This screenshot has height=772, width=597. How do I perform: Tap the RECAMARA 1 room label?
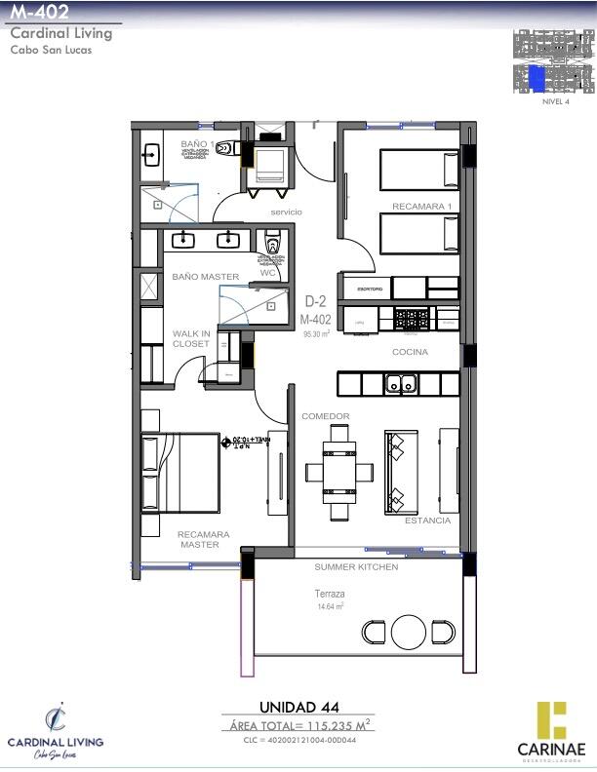tap(421, 207)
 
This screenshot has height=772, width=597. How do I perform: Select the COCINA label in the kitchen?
tap(411, 352)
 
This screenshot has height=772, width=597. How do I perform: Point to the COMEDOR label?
tap(325, 416)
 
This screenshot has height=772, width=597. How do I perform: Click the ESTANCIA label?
tap(427, 521)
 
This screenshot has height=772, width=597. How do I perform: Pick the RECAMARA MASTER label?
tap(204, 539)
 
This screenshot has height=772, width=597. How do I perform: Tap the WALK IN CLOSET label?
tap(191, 338)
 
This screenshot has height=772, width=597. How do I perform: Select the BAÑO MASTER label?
tap(206, 277)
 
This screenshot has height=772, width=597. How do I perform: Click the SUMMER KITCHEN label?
tap(356, 566)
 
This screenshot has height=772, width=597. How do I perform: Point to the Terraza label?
tap(330, 594)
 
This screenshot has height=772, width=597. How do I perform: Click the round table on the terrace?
tap(409, 633)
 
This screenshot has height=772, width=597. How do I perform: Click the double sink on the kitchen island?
tap(400, 384)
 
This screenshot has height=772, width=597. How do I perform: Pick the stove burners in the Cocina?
tap(412, 317)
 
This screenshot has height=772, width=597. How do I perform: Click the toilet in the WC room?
tap(272, 243)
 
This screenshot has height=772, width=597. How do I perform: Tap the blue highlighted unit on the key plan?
tap(537, 78)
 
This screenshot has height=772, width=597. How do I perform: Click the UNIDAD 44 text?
tap(298, 707)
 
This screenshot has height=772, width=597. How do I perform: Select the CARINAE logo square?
tap(551, 719)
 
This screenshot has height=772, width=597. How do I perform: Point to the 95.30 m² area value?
tap(316, 332)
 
